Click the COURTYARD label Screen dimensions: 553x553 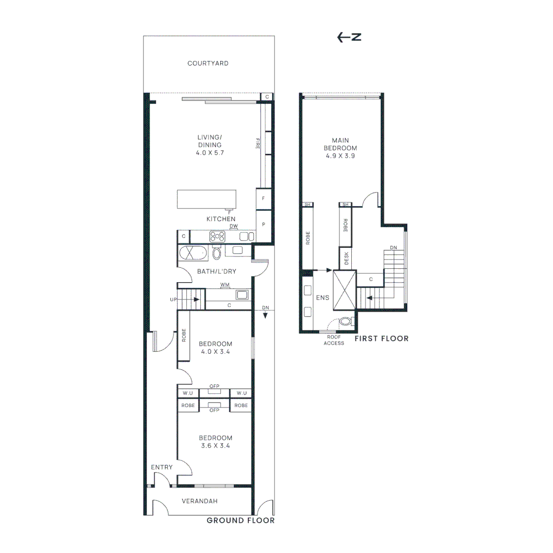point(208,63)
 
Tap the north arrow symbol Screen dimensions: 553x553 point(349,37)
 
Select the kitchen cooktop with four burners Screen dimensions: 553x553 point(217,237)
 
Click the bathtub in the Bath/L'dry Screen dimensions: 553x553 point(193,253)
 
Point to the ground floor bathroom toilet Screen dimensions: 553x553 point(217,252)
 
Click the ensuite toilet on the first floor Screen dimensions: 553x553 point(346,321)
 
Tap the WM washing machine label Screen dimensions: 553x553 point(225,285)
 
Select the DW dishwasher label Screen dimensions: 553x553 point(233,226)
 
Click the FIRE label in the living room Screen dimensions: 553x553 point(258,143)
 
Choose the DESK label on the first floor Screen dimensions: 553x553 point(346,258)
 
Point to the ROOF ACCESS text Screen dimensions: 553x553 point(334,340)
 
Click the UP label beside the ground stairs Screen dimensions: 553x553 point(174,300)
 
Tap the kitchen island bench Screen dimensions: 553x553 point(207,200)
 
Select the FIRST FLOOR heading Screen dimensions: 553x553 point(381,338)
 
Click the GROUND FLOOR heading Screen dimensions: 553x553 point(241,520)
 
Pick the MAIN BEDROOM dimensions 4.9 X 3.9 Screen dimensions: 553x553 point(341,156)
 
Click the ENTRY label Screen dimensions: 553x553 point(162,467)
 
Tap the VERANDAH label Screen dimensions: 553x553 point(200,501)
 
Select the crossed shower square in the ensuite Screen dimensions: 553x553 point(345,290)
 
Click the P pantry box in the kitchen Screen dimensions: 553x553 point(264,225)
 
